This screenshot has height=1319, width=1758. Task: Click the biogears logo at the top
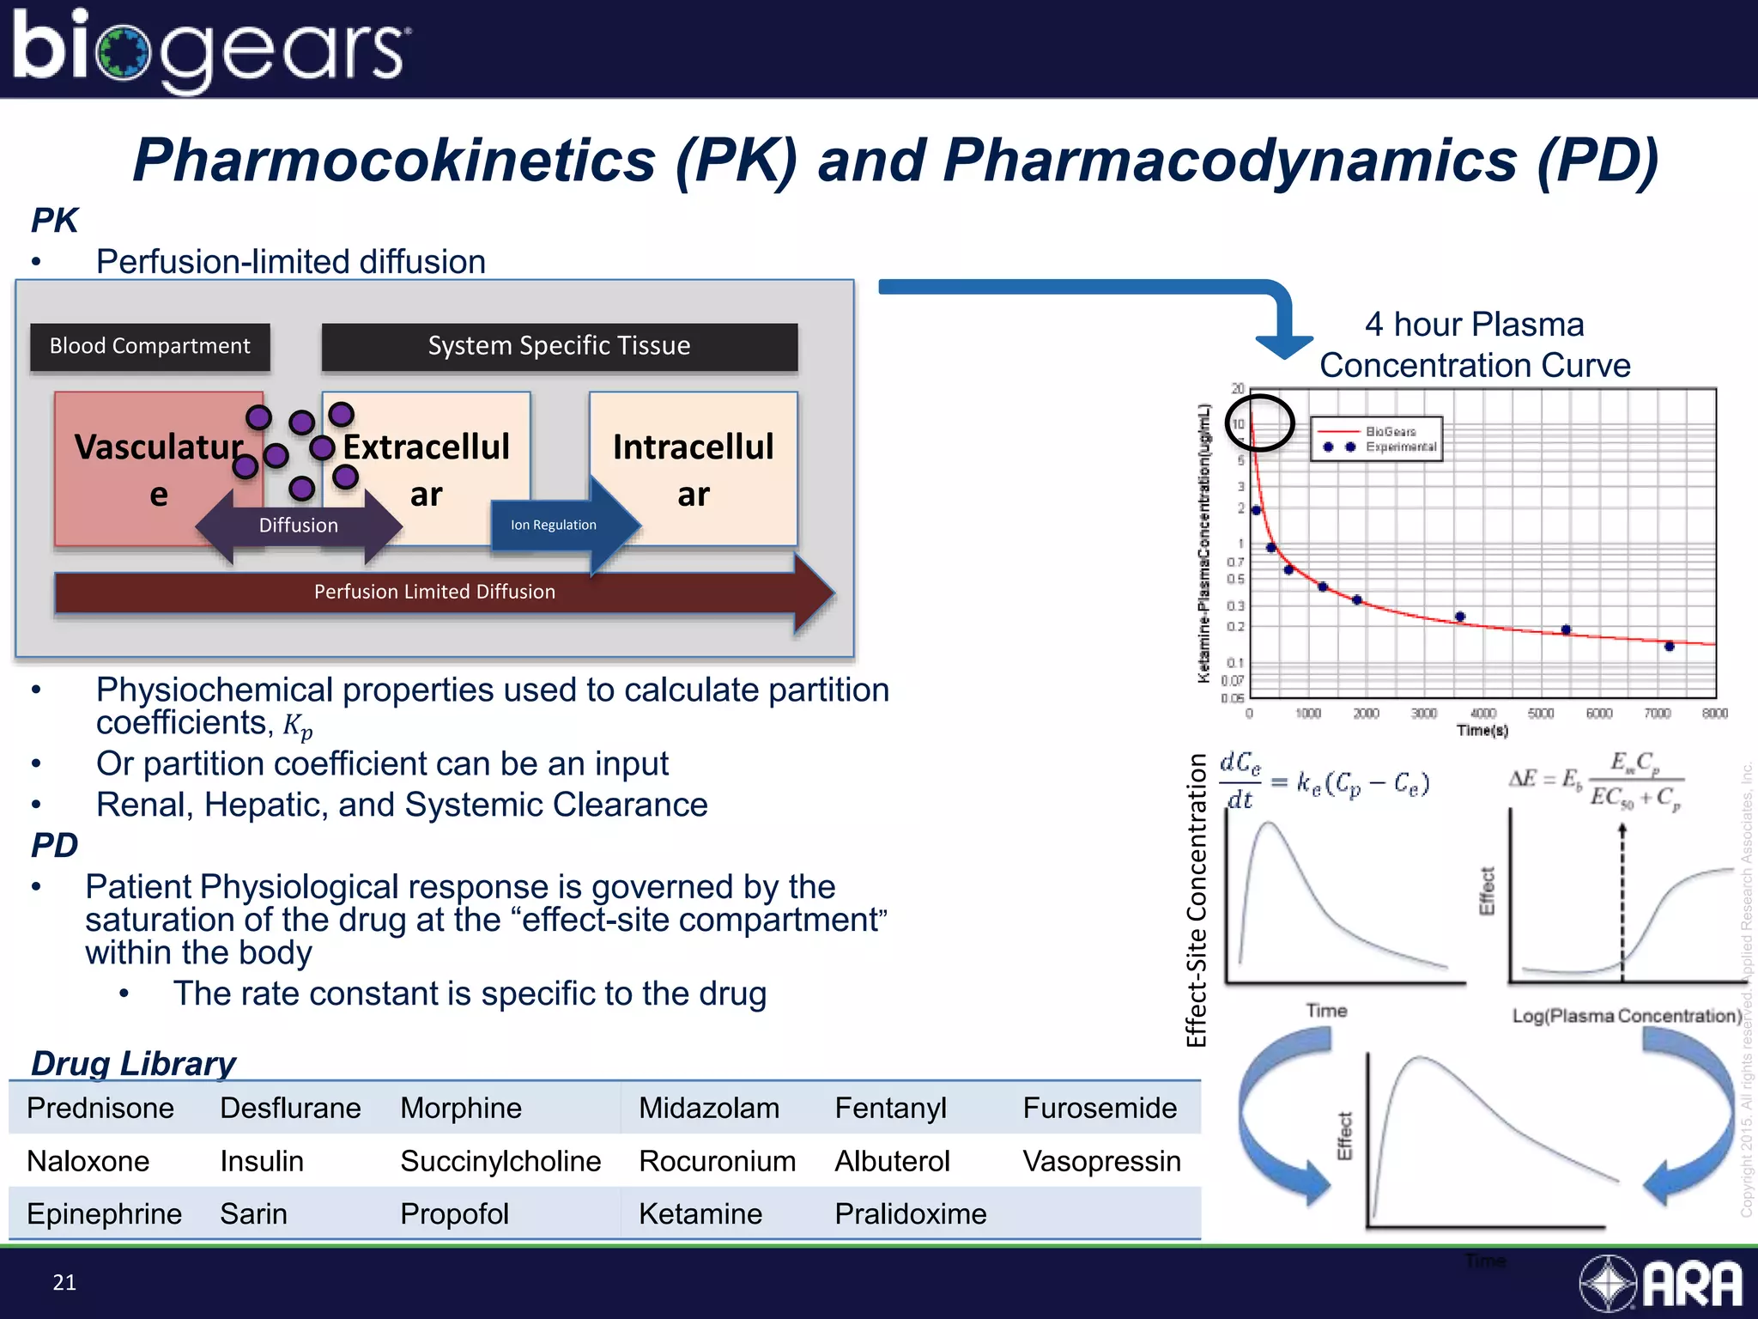point(210,50)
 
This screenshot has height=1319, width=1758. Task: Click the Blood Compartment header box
point(150,346)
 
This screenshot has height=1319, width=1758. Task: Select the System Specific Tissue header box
point(559,346)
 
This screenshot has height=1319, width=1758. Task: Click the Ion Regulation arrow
point(562,525)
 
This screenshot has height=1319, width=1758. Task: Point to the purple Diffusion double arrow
point(298,525)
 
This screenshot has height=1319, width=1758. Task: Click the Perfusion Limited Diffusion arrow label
point(434,592)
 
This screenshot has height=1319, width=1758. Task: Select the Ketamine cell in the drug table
point(700,1213)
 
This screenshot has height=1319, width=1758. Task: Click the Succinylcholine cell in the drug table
point(500,1161)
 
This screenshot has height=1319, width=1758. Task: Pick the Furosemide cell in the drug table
point(1100,1108)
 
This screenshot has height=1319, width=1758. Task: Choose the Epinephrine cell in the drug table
point(104,1213)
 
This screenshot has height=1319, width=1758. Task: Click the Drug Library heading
point(133,1063)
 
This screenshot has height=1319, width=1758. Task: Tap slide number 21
point(64,1282)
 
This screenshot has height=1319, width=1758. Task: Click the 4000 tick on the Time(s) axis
point(1482,714)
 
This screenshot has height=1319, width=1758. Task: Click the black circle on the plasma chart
point(1259,422)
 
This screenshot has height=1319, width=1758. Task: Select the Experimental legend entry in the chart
point(1400,447)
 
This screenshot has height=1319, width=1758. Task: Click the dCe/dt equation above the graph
point(1324,781)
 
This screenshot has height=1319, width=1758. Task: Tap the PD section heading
point(54,845)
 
